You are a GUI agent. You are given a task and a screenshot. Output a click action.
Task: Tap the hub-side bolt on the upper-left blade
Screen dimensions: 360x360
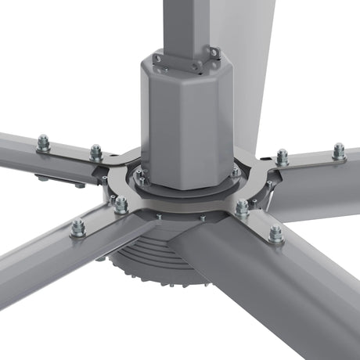click(95, 151)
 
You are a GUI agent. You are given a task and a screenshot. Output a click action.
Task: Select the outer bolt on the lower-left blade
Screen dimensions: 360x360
click(78, 228)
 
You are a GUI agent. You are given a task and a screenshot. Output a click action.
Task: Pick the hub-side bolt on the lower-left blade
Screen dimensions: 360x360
click(121, 204)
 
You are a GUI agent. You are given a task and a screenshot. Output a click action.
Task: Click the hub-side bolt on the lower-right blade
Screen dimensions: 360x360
click(243, 207)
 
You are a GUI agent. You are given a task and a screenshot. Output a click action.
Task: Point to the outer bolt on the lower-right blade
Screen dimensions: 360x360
click(275, 233)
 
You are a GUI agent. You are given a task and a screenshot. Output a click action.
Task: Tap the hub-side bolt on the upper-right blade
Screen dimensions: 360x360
click(282, 157)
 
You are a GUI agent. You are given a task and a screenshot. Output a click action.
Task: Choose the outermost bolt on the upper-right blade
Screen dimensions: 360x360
click(338, 150)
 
